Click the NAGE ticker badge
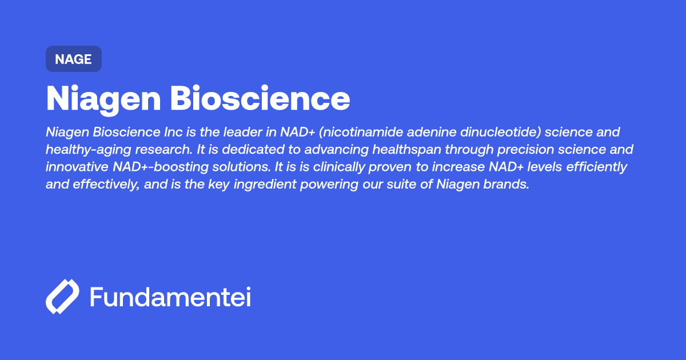[x=73, y=59]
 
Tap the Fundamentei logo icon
[x=62, y=297]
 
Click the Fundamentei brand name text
[x=170, y=297]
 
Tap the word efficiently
[x=594, y=167]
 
